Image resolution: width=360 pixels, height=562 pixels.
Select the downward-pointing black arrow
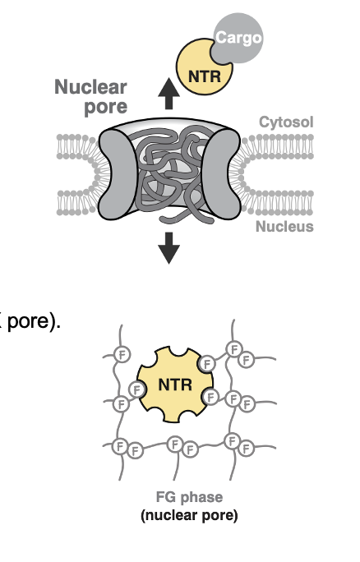(x=168, y=246)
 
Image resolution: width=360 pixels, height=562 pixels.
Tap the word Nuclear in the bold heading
(x=90, y=87)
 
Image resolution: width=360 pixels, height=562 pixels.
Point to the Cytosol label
(x=286, y=122)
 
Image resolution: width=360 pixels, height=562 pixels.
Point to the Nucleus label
(x=284, y=226)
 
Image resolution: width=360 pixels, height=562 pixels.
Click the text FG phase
(x=189, y=497)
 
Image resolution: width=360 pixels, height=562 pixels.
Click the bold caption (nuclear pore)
(x=189, y=516)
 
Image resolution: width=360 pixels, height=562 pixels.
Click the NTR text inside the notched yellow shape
(x=174, y=383)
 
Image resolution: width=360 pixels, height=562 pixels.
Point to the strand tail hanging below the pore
(x=177, y=219)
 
